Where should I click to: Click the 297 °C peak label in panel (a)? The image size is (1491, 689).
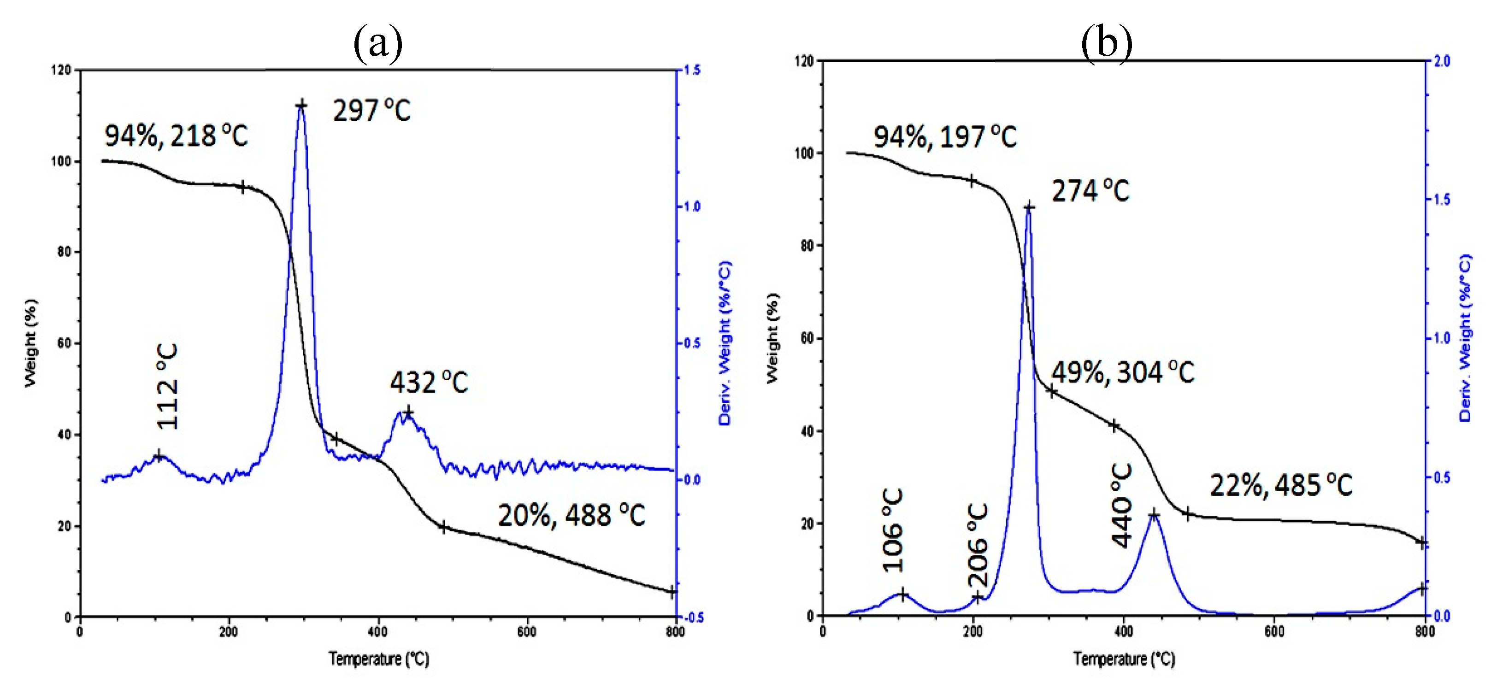tap(371, 110)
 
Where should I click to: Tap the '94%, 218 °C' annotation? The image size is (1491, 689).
tap(176, 136)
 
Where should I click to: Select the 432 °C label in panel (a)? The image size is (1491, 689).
tap(428, 382)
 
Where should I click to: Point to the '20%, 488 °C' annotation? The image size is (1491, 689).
tap(571, 515)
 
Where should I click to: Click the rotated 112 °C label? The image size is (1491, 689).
tap(167, 387)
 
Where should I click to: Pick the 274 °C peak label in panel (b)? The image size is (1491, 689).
tap(1090, 190)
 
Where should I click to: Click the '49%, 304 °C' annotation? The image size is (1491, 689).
tap(1122, 372)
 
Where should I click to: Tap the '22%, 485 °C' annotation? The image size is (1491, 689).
tap(1281, 485)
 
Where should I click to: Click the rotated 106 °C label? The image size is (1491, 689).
tap(892, 530)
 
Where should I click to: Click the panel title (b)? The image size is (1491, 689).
tap(1106, 43)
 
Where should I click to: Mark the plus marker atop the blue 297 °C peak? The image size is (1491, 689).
tap(301, 106)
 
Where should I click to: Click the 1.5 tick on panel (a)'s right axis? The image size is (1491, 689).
tap(692, 70)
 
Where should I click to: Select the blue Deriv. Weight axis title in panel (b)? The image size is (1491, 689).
tap(1465, 338)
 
